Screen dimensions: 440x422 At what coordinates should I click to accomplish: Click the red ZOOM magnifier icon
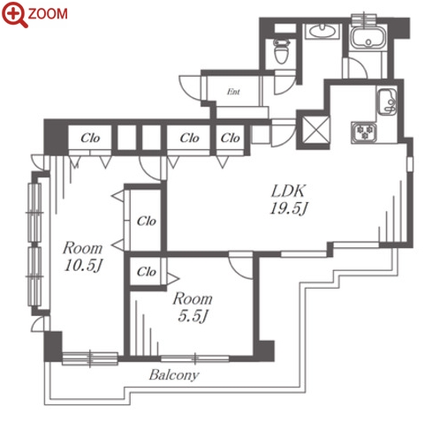[15, 14]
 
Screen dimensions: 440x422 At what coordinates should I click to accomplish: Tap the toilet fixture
[281, 51]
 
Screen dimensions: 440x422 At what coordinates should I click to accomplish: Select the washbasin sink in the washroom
[322, 31]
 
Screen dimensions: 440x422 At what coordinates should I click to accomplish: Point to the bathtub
[368, 38]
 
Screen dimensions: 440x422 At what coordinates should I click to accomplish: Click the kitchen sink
[387, 102]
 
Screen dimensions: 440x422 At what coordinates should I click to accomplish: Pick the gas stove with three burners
[364, 132]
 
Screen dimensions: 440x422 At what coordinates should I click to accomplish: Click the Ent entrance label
[233, 92]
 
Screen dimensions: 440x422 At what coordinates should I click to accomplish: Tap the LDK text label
[288, 192]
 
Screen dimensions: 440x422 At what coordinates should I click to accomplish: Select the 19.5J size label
[289, 208]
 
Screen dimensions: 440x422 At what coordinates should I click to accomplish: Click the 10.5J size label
[83, 266]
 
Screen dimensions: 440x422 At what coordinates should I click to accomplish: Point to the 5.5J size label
[193, 316]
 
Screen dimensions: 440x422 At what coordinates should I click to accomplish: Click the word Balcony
[174, 375]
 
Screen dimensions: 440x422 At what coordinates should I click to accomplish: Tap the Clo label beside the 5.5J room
[147, 272]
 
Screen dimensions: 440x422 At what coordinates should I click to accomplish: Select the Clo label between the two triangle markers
[147, 221]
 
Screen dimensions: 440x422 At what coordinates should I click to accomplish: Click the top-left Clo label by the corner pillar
[90, 138]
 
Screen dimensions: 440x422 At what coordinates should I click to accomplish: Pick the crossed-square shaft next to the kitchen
[315, 130]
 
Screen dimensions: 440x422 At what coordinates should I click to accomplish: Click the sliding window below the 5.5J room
[195, 358]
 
